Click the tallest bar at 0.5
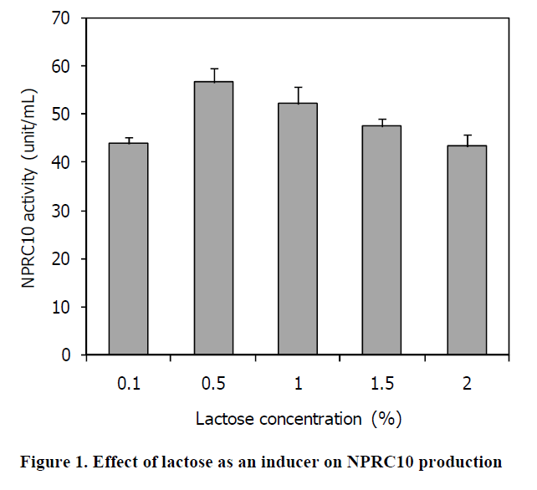(x=213, y=218)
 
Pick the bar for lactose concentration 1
(x=297, y=229)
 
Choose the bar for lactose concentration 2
(x=466, y=250)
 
